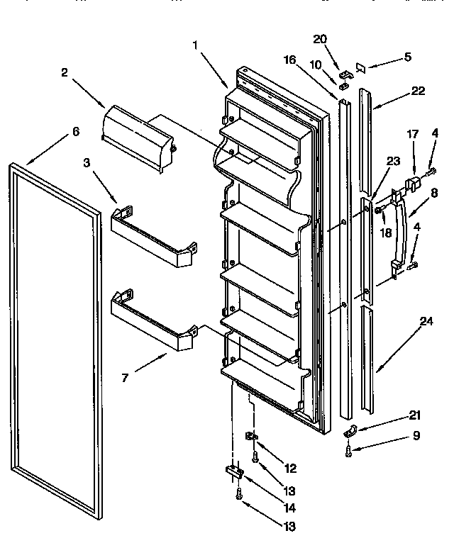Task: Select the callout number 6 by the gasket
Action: tap(76, 132)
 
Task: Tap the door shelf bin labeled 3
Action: tap(153, 237)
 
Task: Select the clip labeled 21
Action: tap(349, 431)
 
